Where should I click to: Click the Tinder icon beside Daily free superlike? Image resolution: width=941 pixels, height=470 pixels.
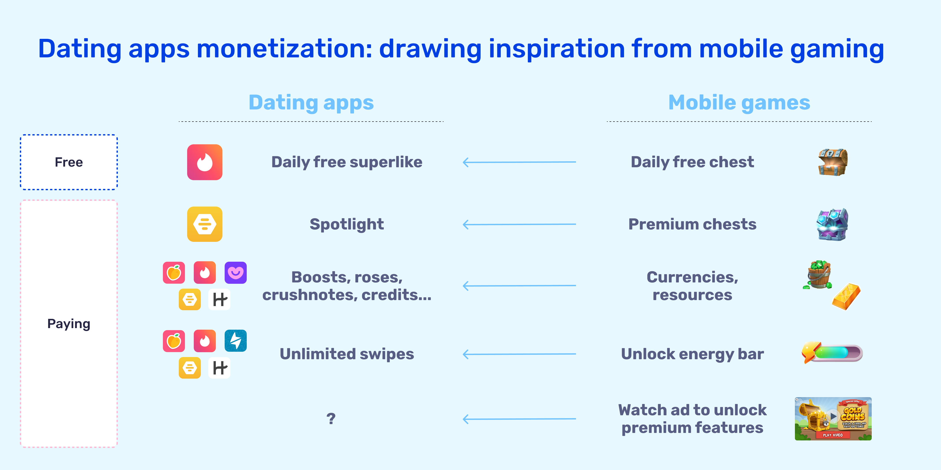(x=205, y=162)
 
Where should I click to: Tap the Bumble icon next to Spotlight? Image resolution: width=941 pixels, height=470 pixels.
(x=205, y=224)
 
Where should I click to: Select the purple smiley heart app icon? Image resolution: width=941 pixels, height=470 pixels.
(x=236, y=273)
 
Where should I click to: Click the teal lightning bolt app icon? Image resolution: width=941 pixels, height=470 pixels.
(x=236, y=341)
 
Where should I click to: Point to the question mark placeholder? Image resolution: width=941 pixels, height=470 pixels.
(x=331, y=419)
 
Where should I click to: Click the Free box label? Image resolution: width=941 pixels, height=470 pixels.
(x=69, y=162)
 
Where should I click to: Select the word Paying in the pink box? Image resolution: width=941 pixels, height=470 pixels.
(x=69, y=324)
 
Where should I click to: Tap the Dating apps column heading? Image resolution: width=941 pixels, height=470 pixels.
(x=311, y=103)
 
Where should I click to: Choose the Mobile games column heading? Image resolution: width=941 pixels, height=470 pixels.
(x=739, y=103)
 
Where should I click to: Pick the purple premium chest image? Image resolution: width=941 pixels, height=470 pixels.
(x=832, y=224)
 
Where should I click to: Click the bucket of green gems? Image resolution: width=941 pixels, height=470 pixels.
(x=819, y=275)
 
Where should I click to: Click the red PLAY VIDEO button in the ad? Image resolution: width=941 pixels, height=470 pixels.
(x=833, y=435)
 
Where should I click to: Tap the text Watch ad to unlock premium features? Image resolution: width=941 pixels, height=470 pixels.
(x=692, y=419)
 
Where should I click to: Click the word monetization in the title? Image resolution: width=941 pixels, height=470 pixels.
(x=284, y=49)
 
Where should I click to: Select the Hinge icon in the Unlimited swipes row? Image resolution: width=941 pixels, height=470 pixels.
(x=219, y=368)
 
